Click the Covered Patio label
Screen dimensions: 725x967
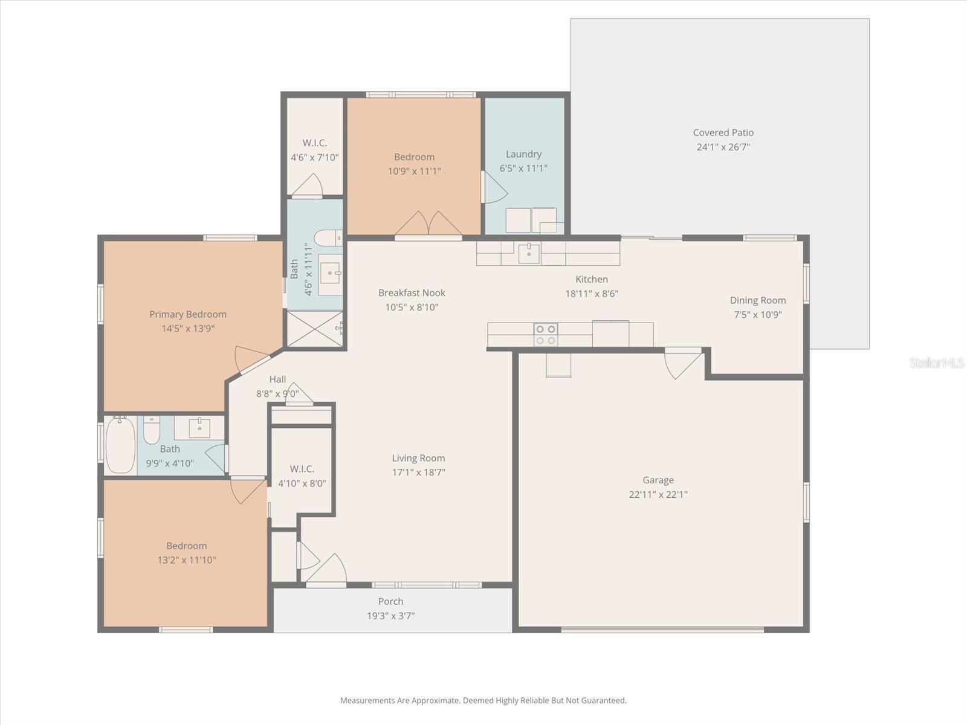723,132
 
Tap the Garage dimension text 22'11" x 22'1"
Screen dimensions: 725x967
658,494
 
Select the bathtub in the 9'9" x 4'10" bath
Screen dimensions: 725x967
120,446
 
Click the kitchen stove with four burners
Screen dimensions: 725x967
545,335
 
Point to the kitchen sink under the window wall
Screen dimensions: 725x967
529,254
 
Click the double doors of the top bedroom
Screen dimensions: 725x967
429,224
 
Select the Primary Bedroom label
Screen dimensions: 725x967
188,314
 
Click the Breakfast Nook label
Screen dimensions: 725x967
412,292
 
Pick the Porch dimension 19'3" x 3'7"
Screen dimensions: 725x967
390,616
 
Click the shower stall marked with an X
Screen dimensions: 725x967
314,329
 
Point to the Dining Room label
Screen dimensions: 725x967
757,300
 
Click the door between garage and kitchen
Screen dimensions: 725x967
682,362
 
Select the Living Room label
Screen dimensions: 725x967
418,458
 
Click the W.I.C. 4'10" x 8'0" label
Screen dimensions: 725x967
302,469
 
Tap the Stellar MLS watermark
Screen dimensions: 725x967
937,362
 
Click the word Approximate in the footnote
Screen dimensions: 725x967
435,701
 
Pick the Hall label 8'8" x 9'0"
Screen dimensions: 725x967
277,379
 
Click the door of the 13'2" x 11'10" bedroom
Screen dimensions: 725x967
247,490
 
